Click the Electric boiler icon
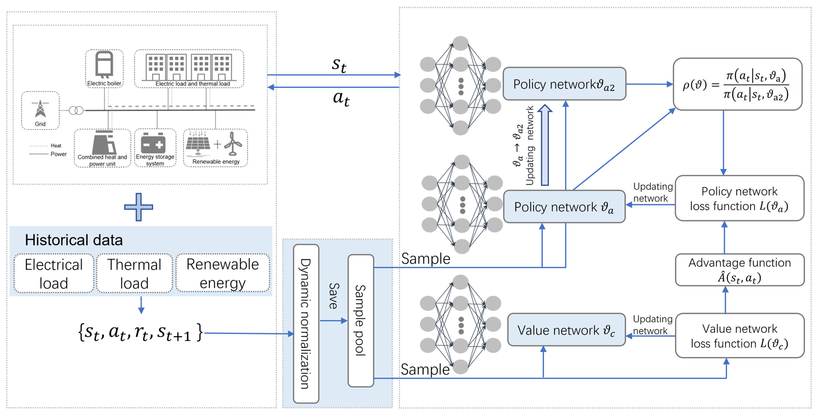104,64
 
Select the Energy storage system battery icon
153,143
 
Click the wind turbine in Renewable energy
233,144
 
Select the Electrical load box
54,273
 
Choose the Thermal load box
134,273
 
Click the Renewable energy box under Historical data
223,273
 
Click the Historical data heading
74,240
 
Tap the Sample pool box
361,320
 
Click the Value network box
566,330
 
